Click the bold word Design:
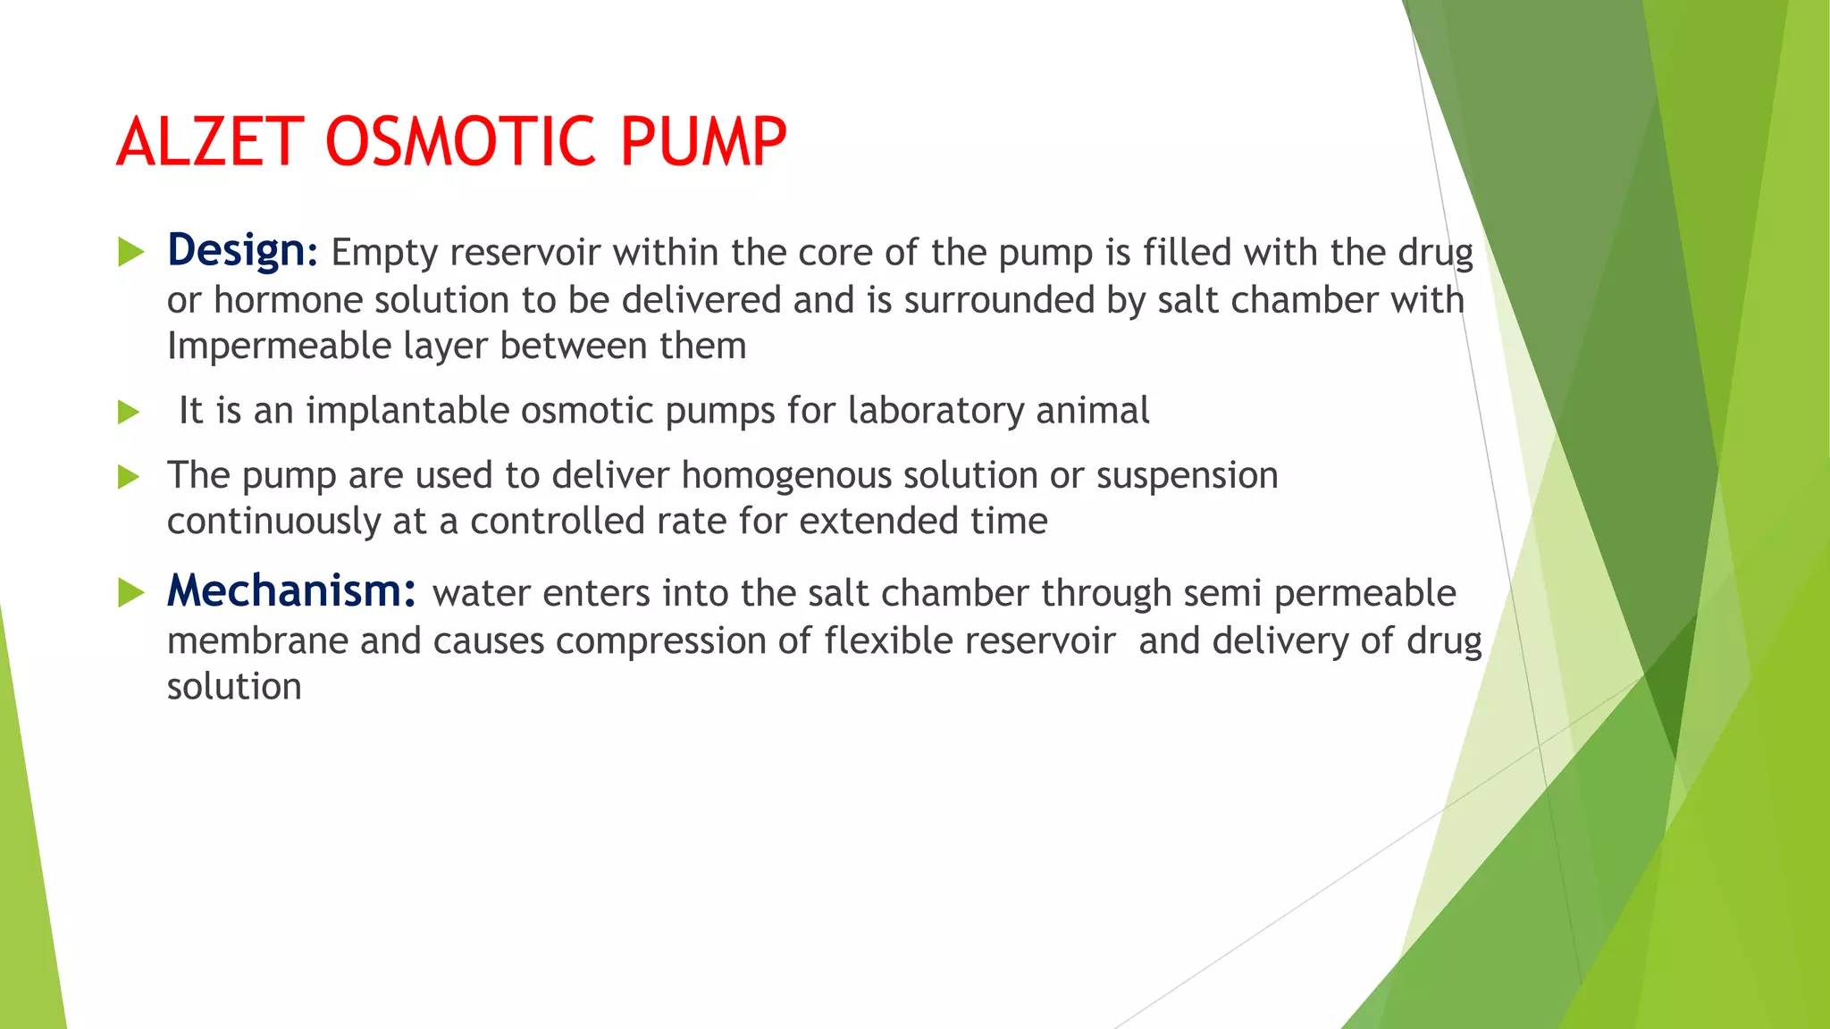[242, 251]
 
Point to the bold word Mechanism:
[291, 591]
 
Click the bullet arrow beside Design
[130, 253]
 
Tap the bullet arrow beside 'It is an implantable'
[130, 412]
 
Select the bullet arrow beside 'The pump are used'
[130, 476]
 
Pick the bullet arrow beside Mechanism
[130, 592]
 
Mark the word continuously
[273, 522]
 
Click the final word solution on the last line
[234, 687]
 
